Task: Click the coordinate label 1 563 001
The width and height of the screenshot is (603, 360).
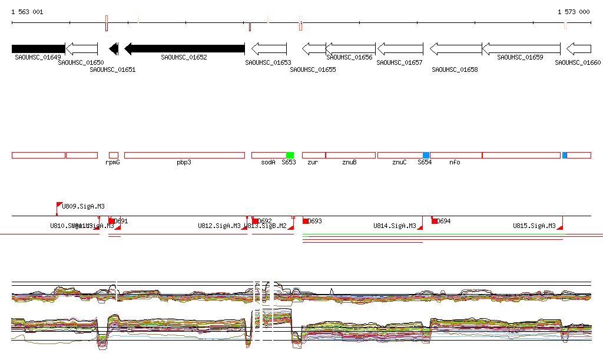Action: [x=27, y=12]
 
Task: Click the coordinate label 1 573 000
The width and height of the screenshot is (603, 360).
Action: [x=573, y=12]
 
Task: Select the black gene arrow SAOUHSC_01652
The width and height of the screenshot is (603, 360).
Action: [x=184, y=48]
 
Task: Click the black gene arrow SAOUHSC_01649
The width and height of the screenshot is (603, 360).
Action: [x=38, y=48]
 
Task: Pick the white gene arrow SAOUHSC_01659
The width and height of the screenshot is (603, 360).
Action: [x=521, y=48]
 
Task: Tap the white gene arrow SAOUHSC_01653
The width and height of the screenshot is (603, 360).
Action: [x=269, y=48]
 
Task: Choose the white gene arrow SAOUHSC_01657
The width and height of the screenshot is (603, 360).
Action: [x=400, y=48]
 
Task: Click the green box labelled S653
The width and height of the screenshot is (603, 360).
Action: [x=290, y=155]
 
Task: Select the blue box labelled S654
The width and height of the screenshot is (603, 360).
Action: [x=426, y=155]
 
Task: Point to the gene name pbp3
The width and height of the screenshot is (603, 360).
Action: [x=184, y=162]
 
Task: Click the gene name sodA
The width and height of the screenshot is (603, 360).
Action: [x=268, y=162]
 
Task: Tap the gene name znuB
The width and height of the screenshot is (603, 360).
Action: [x=349, y=162]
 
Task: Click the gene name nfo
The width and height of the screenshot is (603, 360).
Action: [x=455, y=162]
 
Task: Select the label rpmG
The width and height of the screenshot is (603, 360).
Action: [x=112, y=162]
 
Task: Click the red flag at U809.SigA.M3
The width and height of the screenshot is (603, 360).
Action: [x=59, y=205]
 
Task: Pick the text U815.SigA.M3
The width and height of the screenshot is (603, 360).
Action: [x=534, y=226]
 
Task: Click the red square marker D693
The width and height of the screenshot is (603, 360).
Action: [x=306, y=221]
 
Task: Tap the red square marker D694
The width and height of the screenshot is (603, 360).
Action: [x=435, y=221]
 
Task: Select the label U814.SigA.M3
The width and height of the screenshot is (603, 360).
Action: [x=395, y=226]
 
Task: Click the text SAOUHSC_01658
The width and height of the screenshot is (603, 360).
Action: [x=455, y=70]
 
